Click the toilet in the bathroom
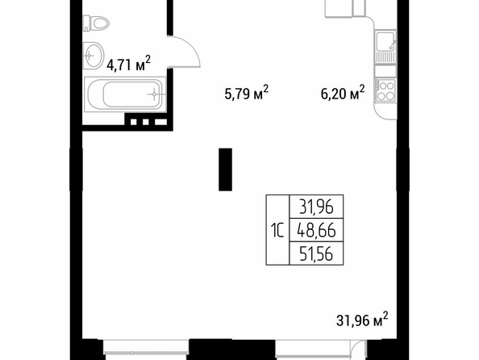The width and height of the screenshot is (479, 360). (x=96, y=23)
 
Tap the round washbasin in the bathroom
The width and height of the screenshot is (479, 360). (x=93, y=56)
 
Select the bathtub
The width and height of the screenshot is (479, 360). (x=125, y=94)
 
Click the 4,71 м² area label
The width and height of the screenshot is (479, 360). (x=128, y=63)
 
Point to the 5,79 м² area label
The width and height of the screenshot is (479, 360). (x=246, y=92)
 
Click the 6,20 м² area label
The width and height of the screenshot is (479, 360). (x=343, y=92)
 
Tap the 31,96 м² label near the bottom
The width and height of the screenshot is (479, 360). (x=362, y=320)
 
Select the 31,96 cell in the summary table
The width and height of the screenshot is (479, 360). (x=316, y=207)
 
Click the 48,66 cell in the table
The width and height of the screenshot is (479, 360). (x=316, y=230)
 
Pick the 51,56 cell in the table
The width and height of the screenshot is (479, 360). (x=316, y=253)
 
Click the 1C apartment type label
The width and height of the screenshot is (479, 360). (x=277, y=230)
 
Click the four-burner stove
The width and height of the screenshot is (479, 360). (x=385, y=90)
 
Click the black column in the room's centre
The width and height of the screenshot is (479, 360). (x=225, y=170)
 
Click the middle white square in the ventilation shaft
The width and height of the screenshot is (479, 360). (x=145, y=122)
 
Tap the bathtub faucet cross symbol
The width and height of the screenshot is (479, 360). (x=154, y=94)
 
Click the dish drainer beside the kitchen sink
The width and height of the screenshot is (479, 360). (x=385, y=57)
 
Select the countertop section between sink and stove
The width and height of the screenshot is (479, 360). (x=385, y=71)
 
